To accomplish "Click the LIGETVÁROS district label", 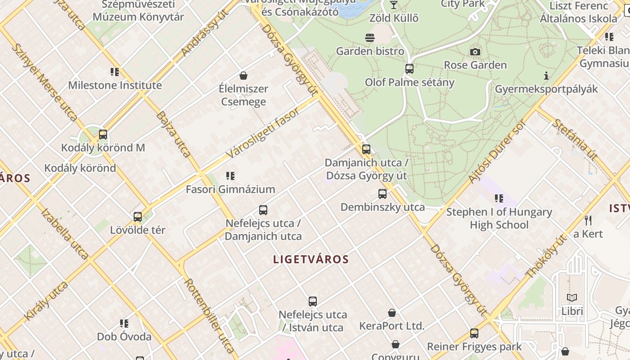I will [x=311, y=259].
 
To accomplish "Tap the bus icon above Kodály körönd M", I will [x=103, y=134].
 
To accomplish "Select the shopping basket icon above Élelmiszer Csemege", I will [x=243, y=75].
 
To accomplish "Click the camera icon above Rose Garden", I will [x=475, y=52].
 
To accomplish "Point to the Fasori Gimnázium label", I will [x=230, y=189].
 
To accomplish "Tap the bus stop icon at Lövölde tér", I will [x=138, y=217].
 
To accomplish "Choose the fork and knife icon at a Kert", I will [x=588, y=220].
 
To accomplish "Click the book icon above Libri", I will [x=572, y=297].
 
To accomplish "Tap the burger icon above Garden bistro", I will [x=370, y=38].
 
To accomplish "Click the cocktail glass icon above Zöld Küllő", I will [x=394, y=5].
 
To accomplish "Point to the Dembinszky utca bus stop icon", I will [x=382, y=194].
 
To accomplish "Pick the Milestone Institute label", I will [x=115, y=85].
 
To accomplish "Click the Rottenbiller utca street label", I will [x=209, y=315].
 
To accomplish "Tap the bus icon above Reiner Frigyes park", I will [x=474, y=333].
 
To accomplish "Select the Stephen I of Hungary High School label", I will [x=499, y=218].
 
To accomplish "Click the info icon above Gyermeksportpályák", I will [x=546, y=76].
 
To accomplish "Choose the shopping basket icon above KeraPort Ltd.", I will [x=392, y=313].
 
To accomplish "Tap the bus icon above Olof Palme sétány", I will [x=409, y=69].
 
